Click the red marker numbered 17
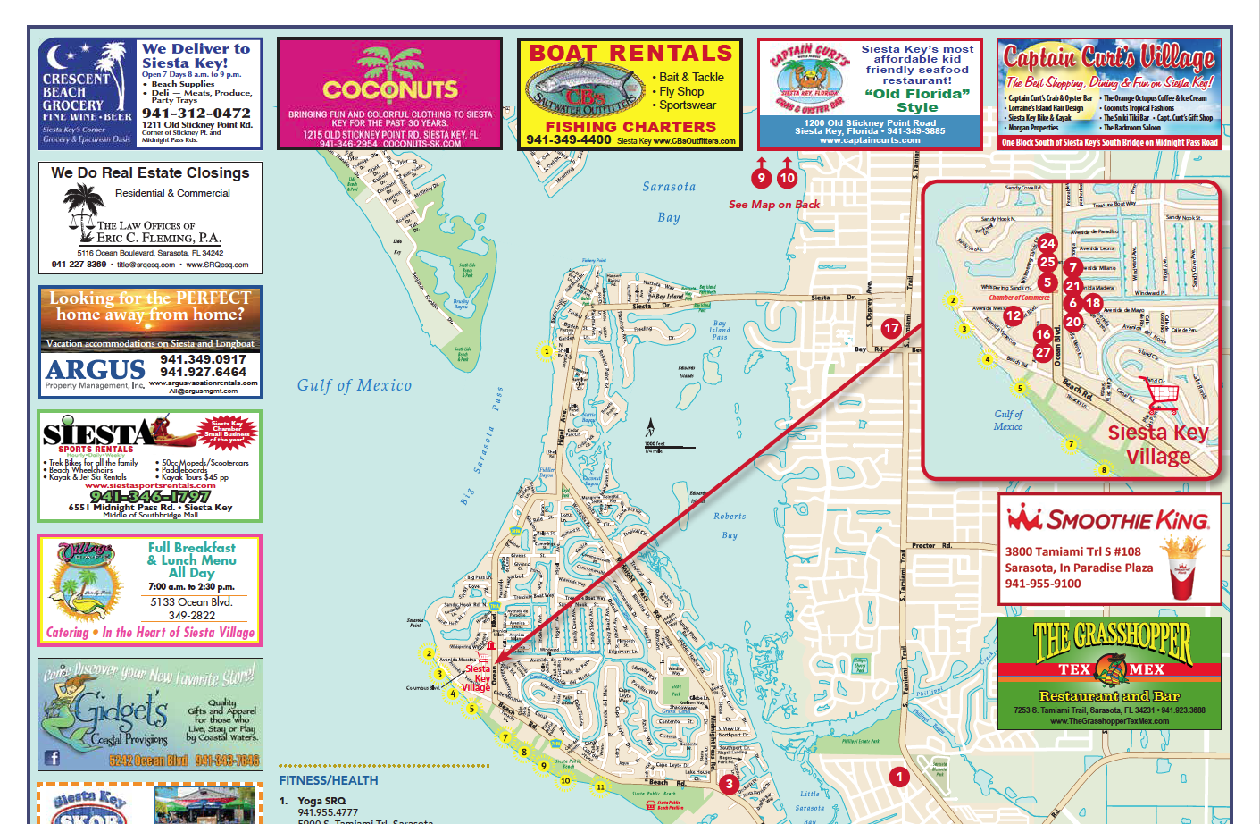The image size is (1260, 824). click(x=891, y=328)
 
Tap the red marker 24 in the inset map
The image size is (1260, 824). click(x=1047, y=242)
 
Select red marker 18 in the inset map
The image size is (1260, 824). click(x=1092, y=303)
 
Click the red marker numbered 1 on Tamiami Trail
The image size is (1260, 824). click(x=899, y=777)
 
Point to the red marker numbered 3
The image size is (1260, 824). click(x=729, y=784)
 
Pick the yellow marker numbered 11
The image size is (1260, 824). click(x=600, y=787)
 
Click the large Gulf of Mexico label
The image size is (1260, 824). click(x=355, y=385)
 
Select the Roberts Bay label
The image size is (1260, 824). click(x=730, y=526)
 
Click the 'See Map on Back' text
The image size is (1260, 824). click(x=773, y=205)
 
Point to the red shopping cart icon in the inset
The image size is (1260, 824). click(x=1159, y=394)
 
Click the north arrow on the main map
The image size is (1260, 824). click(x=651, y=428)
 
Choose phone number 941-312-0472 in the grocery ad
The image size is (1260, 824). click(x=196, y=114)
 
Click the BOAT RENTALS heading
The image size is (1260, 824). click(x=630, y=54)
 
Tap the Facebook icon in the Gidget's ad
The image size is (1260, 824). click(x=53, y=758)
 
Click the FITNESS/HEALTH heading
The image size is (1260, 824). click(x=329, y=780)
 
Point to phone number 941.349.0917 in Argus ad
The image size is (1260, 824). click(x=203, y=359)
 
